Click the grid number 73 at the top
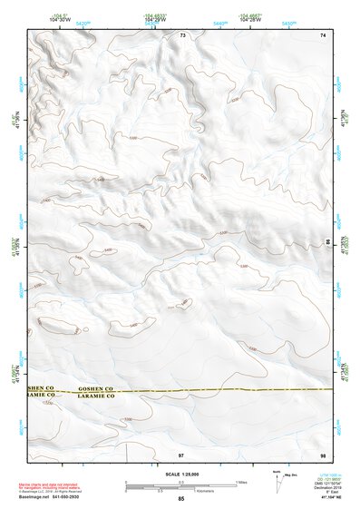click(x=182, y=35)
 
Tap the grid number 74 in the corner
click(x=323, y=35)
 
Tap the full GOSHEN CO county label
click(x=93, y=387)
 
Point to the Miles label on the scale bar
click(x=241, y=481)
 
